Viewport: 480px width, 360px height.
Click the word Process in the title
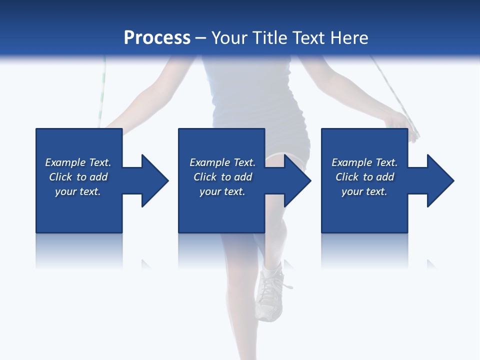tap(157, 38)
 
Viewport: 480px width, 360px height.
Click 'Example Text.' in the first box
tap(78, 162)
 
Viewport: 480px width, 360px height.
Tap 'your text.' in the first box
tap(78, 191)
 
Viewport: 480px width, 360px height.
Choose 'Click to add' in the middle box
tap(222, 177)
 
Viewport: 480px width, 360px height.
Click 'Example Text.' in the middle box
tap(222, 162)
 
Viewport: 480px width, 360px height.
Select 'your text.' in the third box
tap(364, 191)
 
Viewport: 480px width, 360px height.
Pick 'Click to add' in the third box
tap(364, 177)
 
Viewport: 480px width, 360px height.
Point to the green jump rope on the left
tap(102, 95)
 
